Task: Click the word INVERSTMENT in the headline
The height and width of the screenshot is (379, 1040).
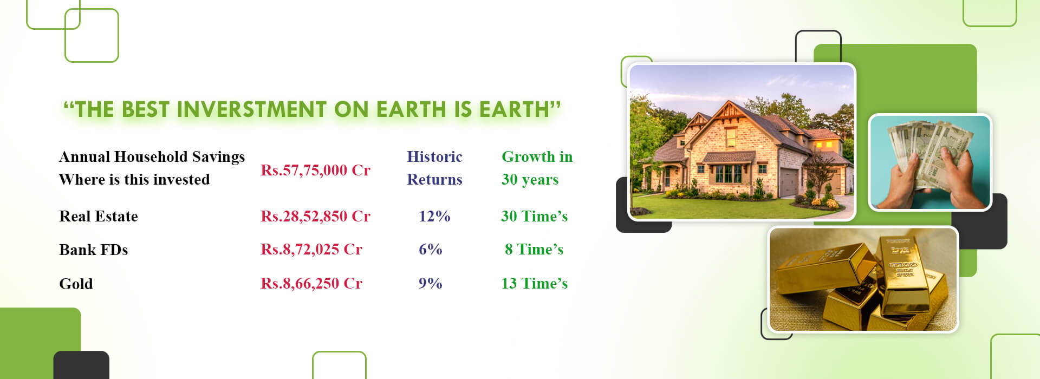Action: [252, 109]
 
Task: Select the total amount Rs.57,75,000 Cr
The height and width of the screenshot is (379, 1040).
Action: [315, 170]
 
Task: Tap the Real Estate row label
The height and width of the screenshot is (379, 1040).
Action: [99, 216]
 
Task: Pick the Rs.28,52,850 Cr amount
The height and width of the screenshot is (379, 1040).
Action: [315, 216]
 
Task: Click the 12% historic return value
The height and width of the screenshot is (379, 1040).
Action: [434, 216]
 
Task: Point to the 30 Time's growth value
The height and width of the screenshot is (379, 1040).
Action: [534, 216]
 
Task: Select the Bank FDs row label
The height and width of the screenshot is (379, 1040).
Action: [94, 250]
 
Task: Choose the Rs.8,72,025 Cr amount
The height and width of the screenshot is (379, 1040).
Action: [311, 249]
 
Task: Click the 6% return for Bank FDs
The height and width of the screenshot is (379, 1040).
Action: [431, 249]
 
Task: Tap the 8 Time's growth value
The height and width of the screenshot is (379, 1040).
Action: [534, 249]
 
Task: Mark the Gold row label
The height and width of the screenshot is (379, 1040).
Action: [76, 284]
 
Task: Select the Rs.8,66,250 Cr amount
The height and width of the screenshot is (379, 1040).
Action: [311, 283]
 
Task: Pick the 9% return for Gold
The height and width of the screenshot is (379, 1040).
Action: [431, 283]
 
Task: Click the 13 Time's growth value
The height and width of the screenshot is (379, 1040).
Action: [534, 283]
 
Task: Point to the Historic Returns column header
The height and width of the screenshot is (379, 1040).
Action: [434, 168]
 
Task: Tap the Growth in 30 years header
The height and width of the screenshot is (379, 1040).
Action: [537, 168]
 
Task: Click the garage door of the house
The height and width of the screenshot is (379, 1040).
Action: [789, 182]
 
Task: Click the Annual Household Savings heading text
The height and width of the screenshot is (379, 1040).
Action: [152, 157]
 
